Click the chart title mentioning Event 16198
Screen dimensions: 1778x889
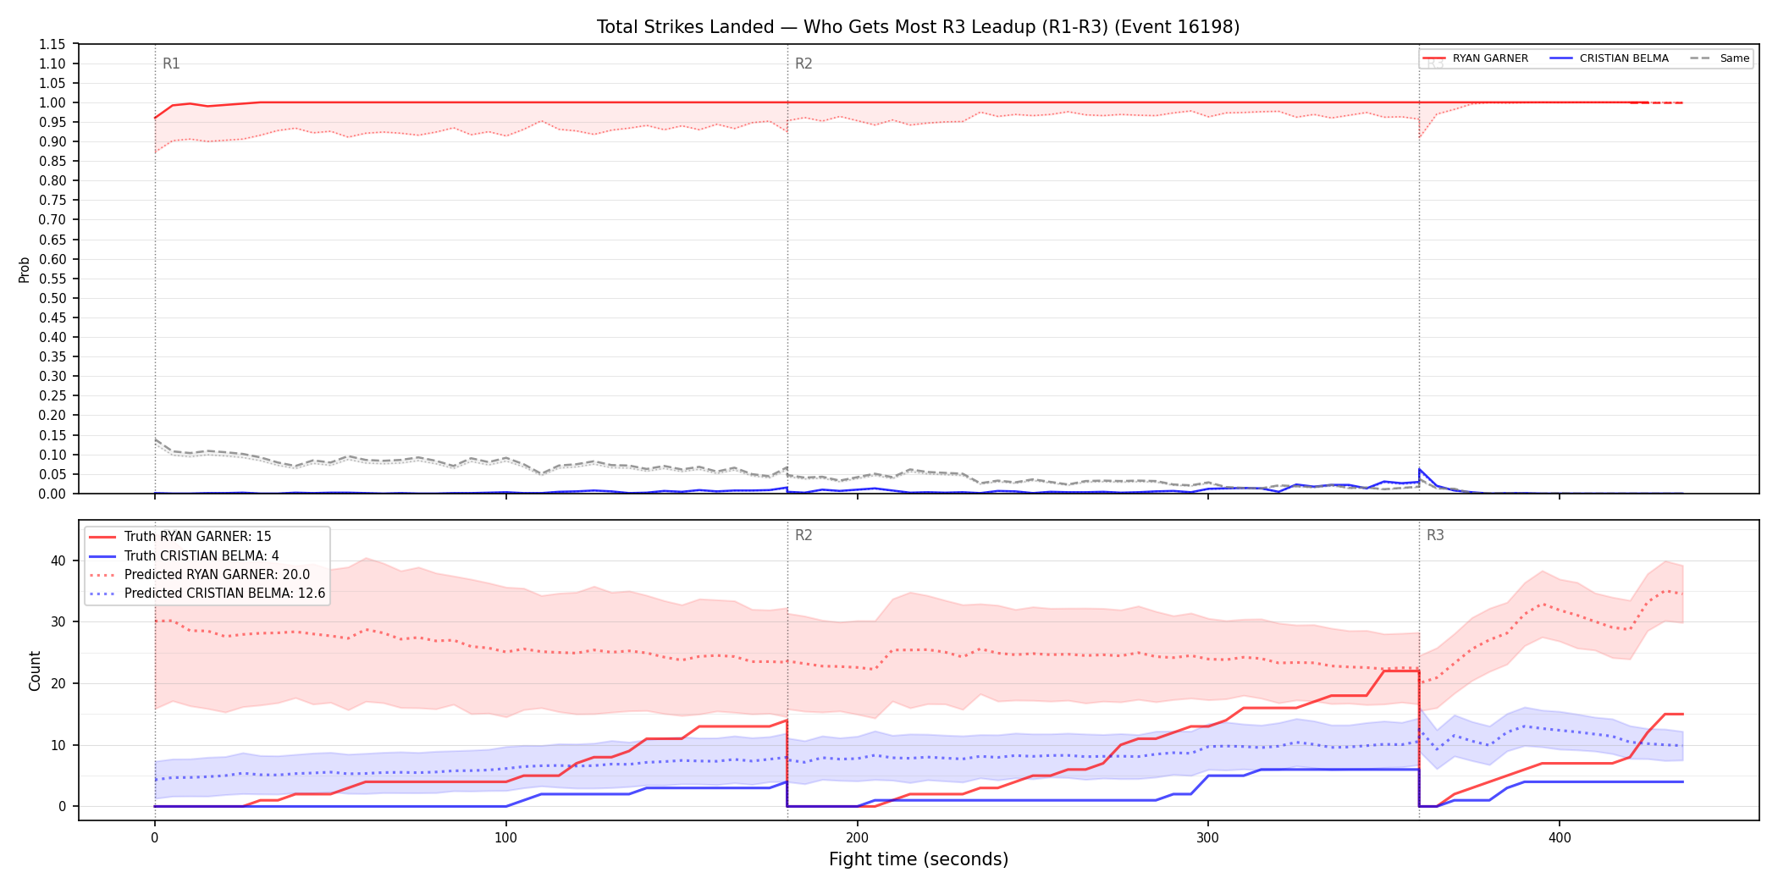pos(918,27)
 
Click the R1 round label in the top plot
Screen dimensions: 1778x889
pos(171,63)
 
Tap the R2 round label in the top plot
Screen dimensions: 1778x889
pos(803,63)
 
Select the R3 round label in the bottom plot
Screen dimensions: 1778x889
pos(1435,535)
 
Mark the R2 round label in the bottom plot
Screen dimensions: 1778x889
pos(803,535)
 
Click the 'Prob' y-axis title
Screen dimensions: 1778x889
pos(25,269)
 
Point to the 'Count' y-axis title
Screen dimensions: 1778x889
pos(35,671)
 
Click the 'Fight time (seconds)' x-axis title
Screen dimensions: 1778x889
pos(919,859)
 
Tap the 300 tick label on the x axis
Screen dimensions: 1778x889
pos(1208,838)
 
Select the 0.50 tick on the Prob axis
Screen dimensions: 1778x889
pos(52,298)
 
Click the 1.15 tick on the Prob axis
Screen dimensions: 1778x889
pos(52,44)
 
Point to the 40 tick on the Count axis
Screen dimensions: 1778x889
pos(58,560)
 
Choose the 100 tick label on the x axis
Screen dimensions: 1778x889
pos(505,838)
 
